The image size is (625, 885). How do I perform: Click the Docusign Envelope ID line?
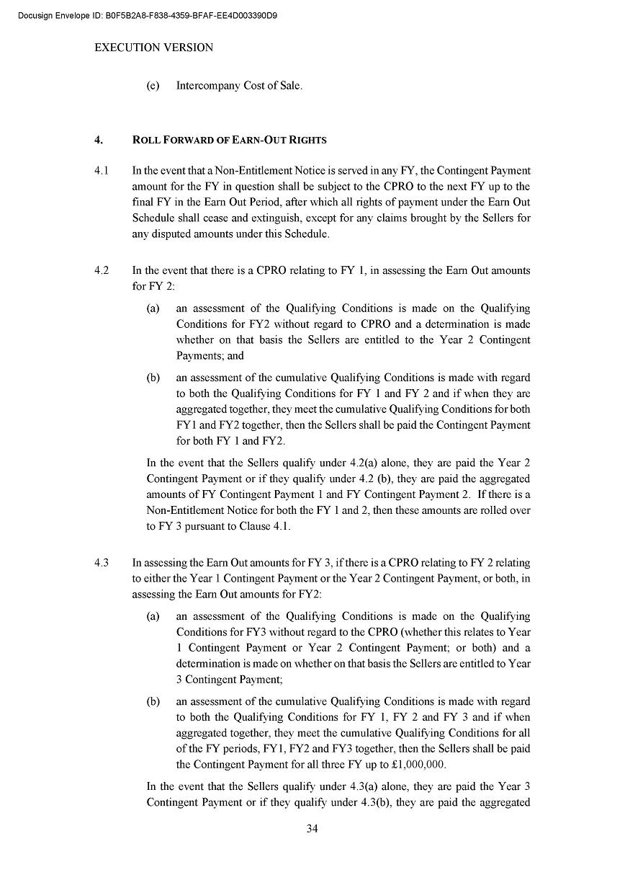pyautogui.click(x=148, y=15)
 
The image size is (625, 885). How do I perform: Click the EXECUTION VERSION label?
pyautogui.click(x=154, y=48)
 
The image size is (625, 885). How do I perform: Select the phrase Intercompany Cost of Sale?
pyautogui.click(x=239, y=86)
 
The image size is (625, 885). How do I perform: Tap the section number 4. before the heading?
pyautogui.click(x=99, y=140)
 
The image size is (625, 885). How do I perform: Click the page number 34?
pyautogui.click(x=312, y=829)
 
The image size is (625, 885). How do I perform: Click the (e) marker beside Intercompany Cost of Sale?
pyautogui.click(x=153, y=86)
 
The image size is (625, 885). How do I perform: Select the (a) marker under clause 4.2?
pyautogui.click(x=153, y=308)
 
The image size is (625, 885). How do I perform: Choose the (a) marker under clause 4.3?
pyautogui.click(x=153, y=616)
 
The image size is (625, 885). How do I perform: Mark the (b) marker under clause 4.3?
pyautogui.click(x=153, y=701)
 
